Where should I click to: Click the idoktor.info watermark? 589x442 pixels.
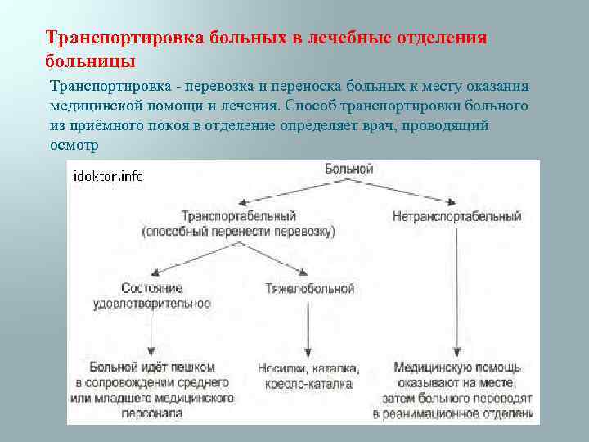coord(108,176)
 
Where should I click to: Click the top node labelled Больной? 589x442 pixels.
coord(348,169)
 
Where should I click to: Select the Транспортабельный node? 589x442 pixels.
coord(238,216)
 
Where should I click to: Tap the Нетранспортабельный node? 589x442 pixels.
coord(456,216)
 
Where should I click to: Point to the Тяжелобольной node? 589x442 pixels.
coord(310,288)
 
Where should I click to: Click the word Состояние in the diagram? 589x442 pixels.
coord(151,288)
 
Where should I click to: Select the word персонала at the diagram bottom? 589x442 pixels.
coord(155,413)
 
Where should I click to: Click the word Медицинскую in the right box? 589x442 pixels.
coord(429,368)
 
